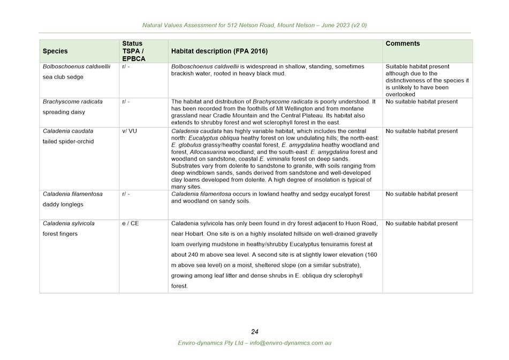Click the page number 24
click(255, 332)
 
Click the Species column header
click(55, 51)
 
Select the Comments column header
click(402, 44)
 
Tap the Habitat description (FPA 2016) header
click(219, 51)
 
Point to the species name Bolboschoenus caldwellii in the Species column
click(77, 67)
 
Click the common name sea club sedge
click(63, 77)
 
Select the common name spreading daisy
click(64, 112)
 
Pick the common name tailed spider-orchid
click(68, 142)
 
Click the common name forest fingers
click(60, 234)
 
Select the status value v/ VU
click(130, 131)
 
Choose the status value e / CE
click(130, 224)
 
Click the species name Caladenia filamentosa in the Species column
click(73, 194)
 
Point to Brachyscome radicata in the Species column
click(73, 102)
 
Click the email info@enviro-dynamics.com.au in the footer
click(290, 343)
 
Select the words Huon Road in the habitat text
click(363, 224)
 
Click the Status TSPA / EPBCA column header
click(134, 51)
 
